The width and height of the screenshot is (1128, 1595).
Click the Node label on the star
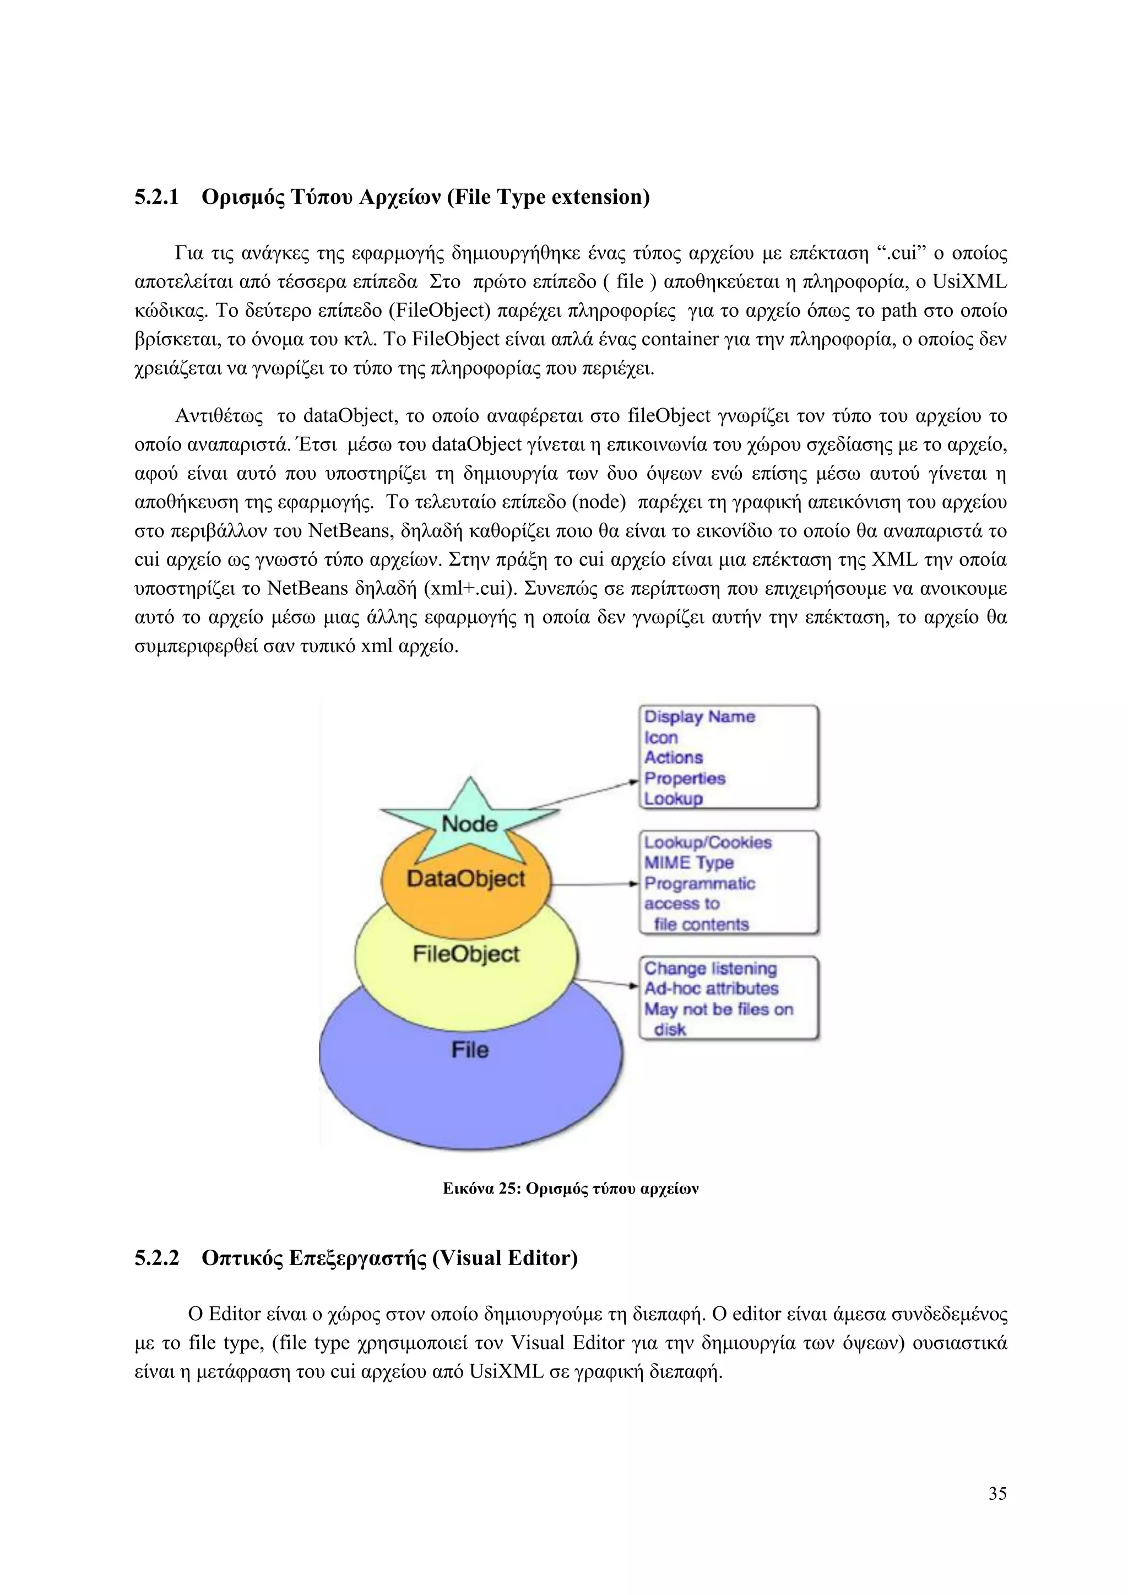[x=469, y=824]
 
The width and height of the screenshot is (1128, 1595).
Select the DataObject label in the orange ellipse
[x=465, y=879]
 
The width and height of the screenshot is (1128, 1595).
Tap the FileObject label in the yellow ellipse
[x=465, y=954]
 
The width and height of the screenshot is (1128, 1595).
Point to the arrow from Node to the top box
[x=583, y=795]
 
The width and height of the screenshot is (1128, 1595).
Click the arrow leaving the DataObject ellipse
[x=594, y=885]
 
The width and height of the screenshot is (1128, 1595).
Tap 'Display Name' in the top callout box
[x=699, y=717]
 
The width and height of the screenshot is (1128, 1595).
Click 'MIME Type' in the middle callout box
[x=688, y=863]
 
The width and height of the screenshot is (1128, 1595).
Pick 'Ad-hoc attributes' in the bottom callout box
[x=711, y=989]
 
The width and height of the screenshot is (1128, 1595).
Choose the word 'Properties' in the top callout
[x=684, y=779]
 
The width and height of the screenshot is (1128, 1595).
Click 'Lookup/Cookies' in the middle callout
[x=707, y=843]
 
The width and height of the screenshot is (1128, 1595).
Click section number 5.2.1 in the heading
[x=156, y=197]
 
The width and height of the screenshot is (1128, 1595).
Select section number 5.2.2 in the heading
[x=156, y=1258]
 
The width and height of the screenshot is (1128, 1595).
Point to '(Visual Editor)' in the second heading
[x=505, y=1258]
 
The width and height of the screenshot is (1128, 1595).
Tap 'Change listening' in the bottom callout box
[x=710, y=968]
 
